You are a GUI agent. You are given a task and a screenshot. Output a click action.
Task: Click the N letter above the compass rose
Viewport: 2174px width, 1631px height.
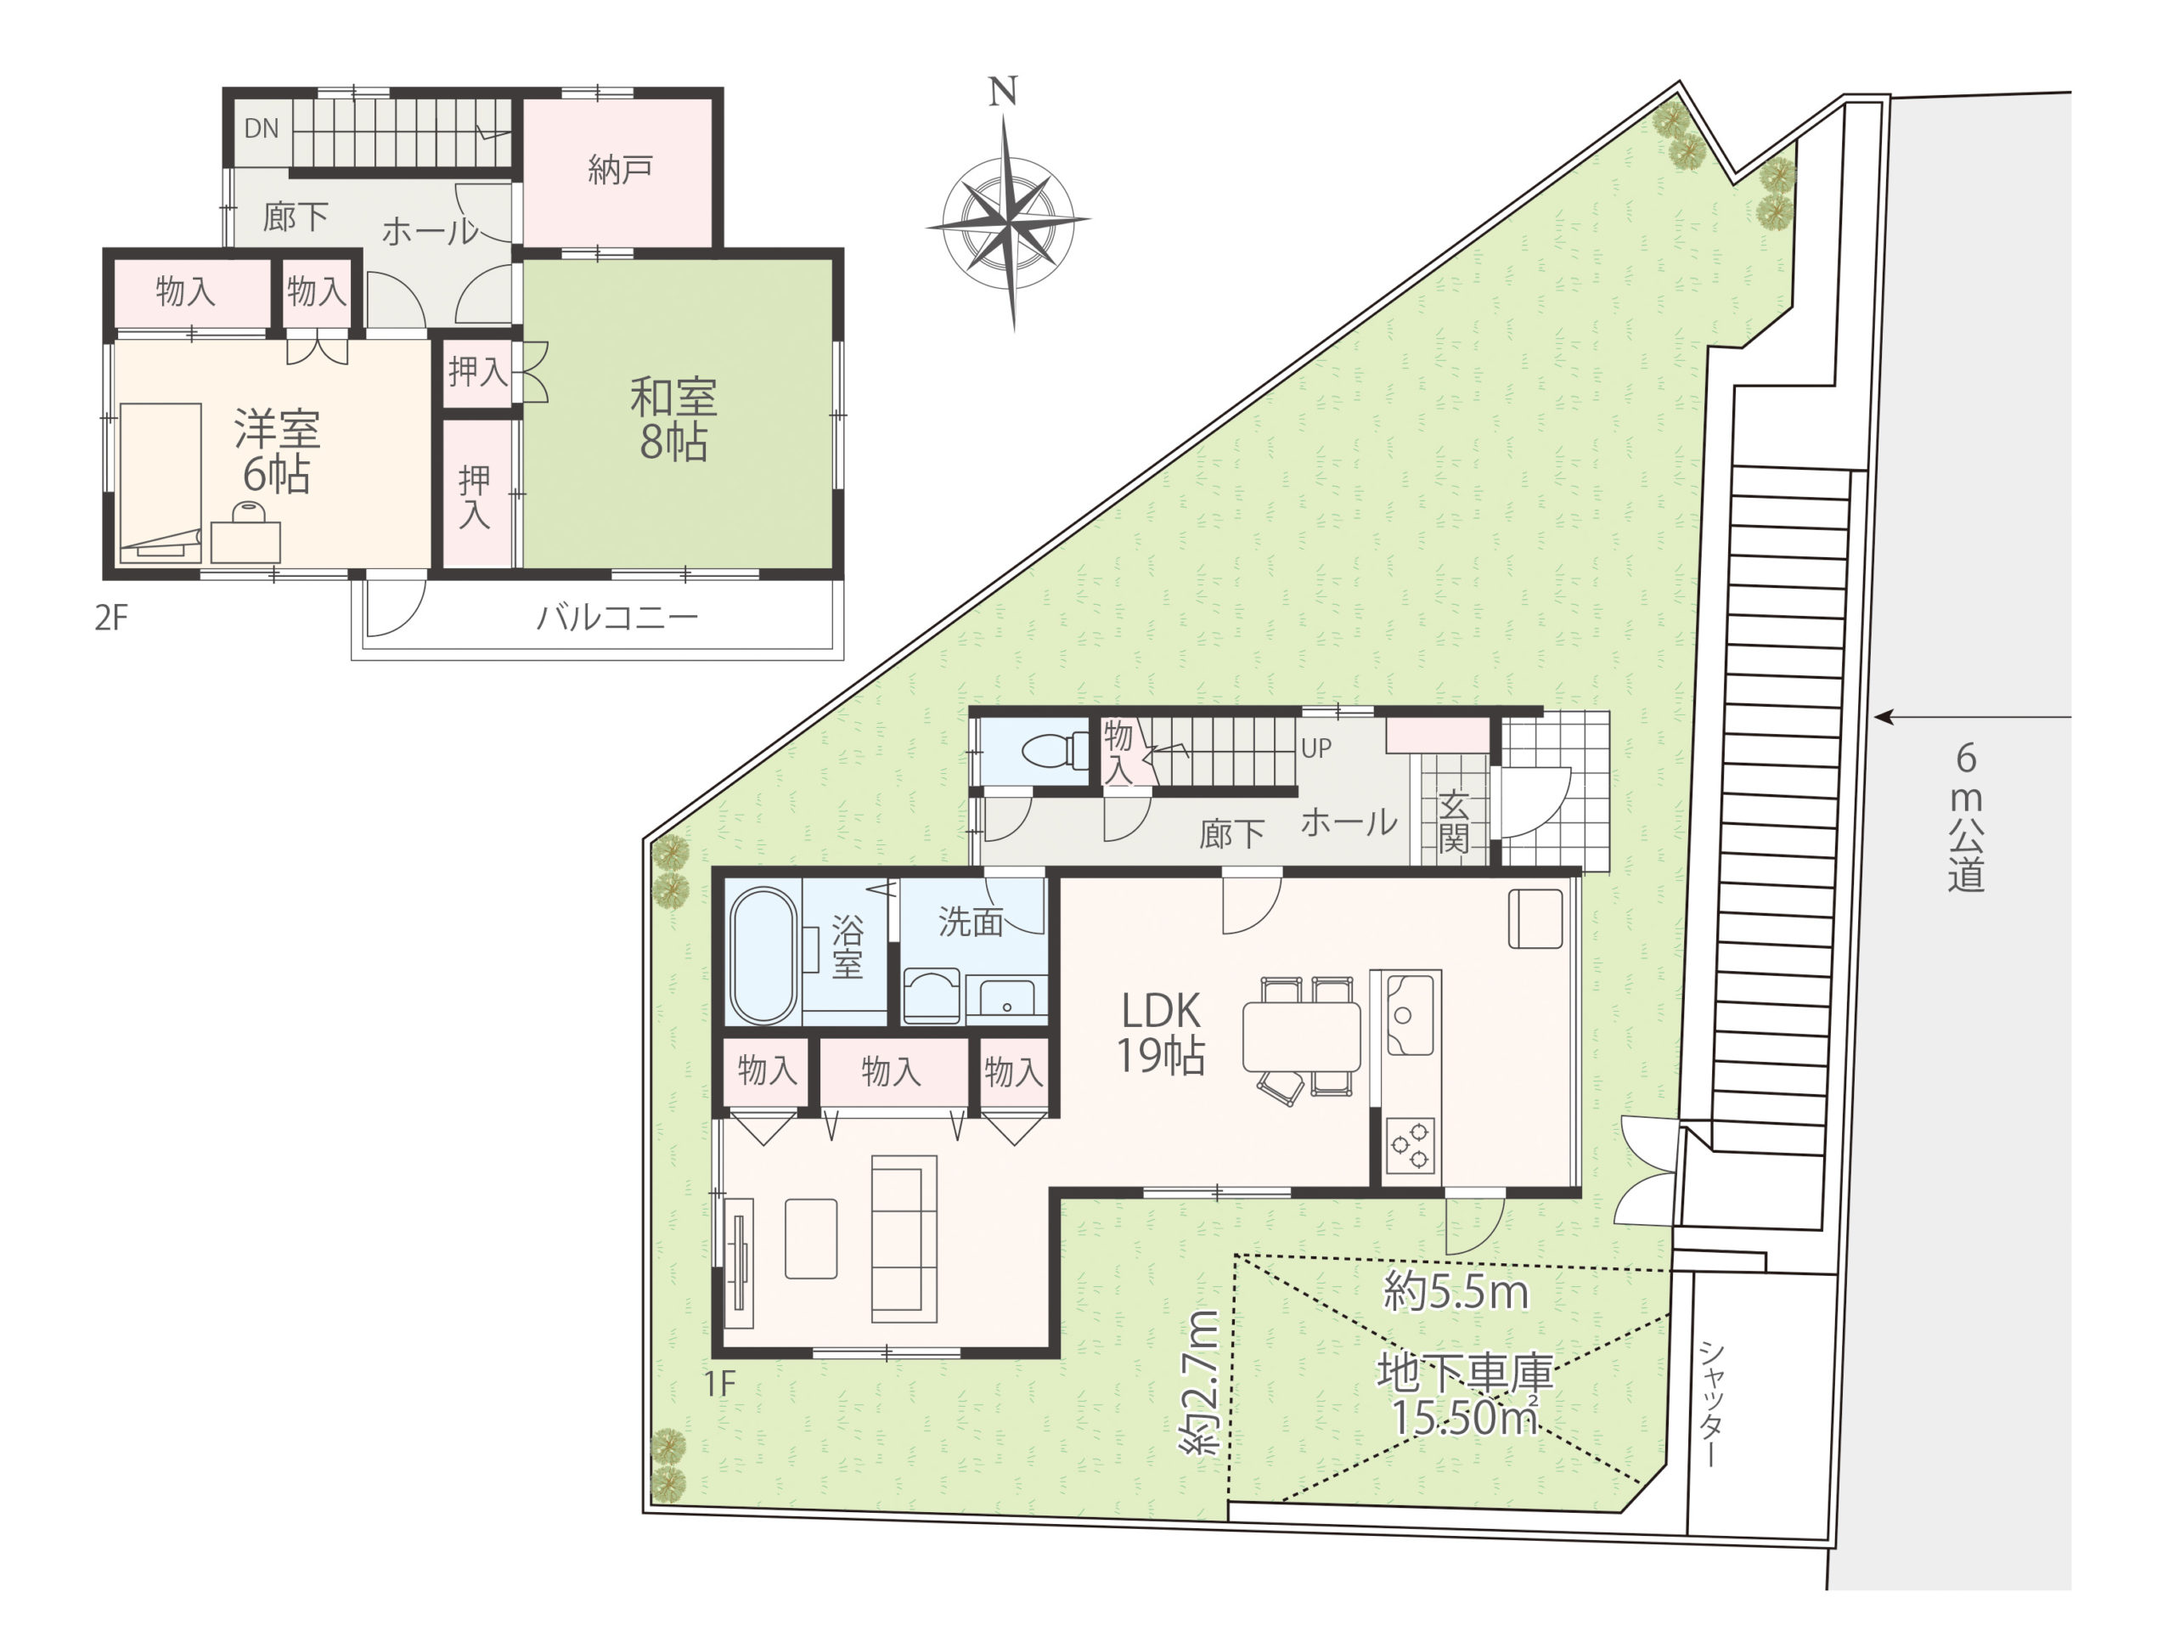(1002, 92)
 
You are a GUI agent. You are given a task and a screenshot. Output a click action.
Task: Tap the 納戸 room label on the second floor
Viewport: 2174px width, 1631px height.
(620, 170)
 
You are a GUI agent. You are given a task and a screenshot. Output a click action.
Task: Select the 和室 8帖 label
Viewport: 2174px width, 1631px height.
(673, 420)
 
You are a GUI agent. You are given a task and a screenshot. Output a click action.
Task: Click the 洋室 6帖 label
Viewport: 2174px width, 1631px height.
(277, 452)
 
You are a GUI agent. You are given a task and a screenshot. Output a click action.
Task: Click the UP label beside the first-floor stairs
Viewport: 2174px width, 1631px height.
(1316, 748)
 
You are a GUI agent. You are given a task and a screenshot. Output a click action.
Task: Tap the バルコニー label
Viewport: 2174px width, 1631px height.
(617, 618)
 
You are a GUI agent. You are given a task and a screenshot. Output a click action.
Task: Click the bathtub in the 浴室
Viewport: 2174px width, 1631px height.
(764, 956)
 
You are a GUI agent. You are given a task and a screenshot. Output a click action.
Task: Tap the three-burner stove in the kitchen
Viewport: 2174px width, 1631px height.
(1411, 1146)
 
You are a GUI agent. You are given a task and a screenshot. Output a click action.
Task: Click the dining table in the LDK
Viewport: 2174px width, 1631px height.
(1301, 1036)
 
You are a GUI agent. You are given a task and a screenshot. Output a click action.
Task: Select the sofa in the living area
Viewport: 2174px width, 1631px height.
(904, 1238)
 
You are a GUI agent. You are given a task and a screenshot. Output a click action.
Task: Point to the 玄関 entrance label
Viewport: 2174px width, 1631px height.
(1454, 822)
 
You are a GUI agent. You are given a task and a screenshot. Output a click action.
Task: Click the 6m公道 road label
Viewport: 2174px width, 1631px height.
(1966, 817)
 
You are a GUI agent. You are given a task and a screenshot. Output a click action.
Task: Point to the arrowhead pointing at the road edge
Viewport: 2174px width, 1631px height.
(1881, 718)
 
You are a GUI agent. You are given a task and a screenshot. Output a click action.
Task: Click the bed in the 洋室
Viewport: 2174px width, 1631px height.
(161, 483)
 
